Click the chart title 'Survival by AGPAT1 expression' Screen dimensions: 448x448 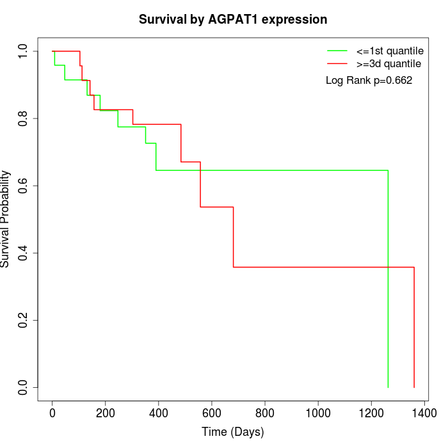pos(233,19)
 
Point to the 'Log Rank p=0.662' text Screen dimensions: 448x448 pos(369,81)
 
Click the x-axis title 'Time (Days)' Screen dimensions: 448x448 pos(233,432)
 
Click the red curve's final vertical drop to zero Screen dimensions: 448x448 pos(414,326)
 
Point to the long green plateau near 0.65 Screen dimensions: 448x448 pos(320,170)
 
